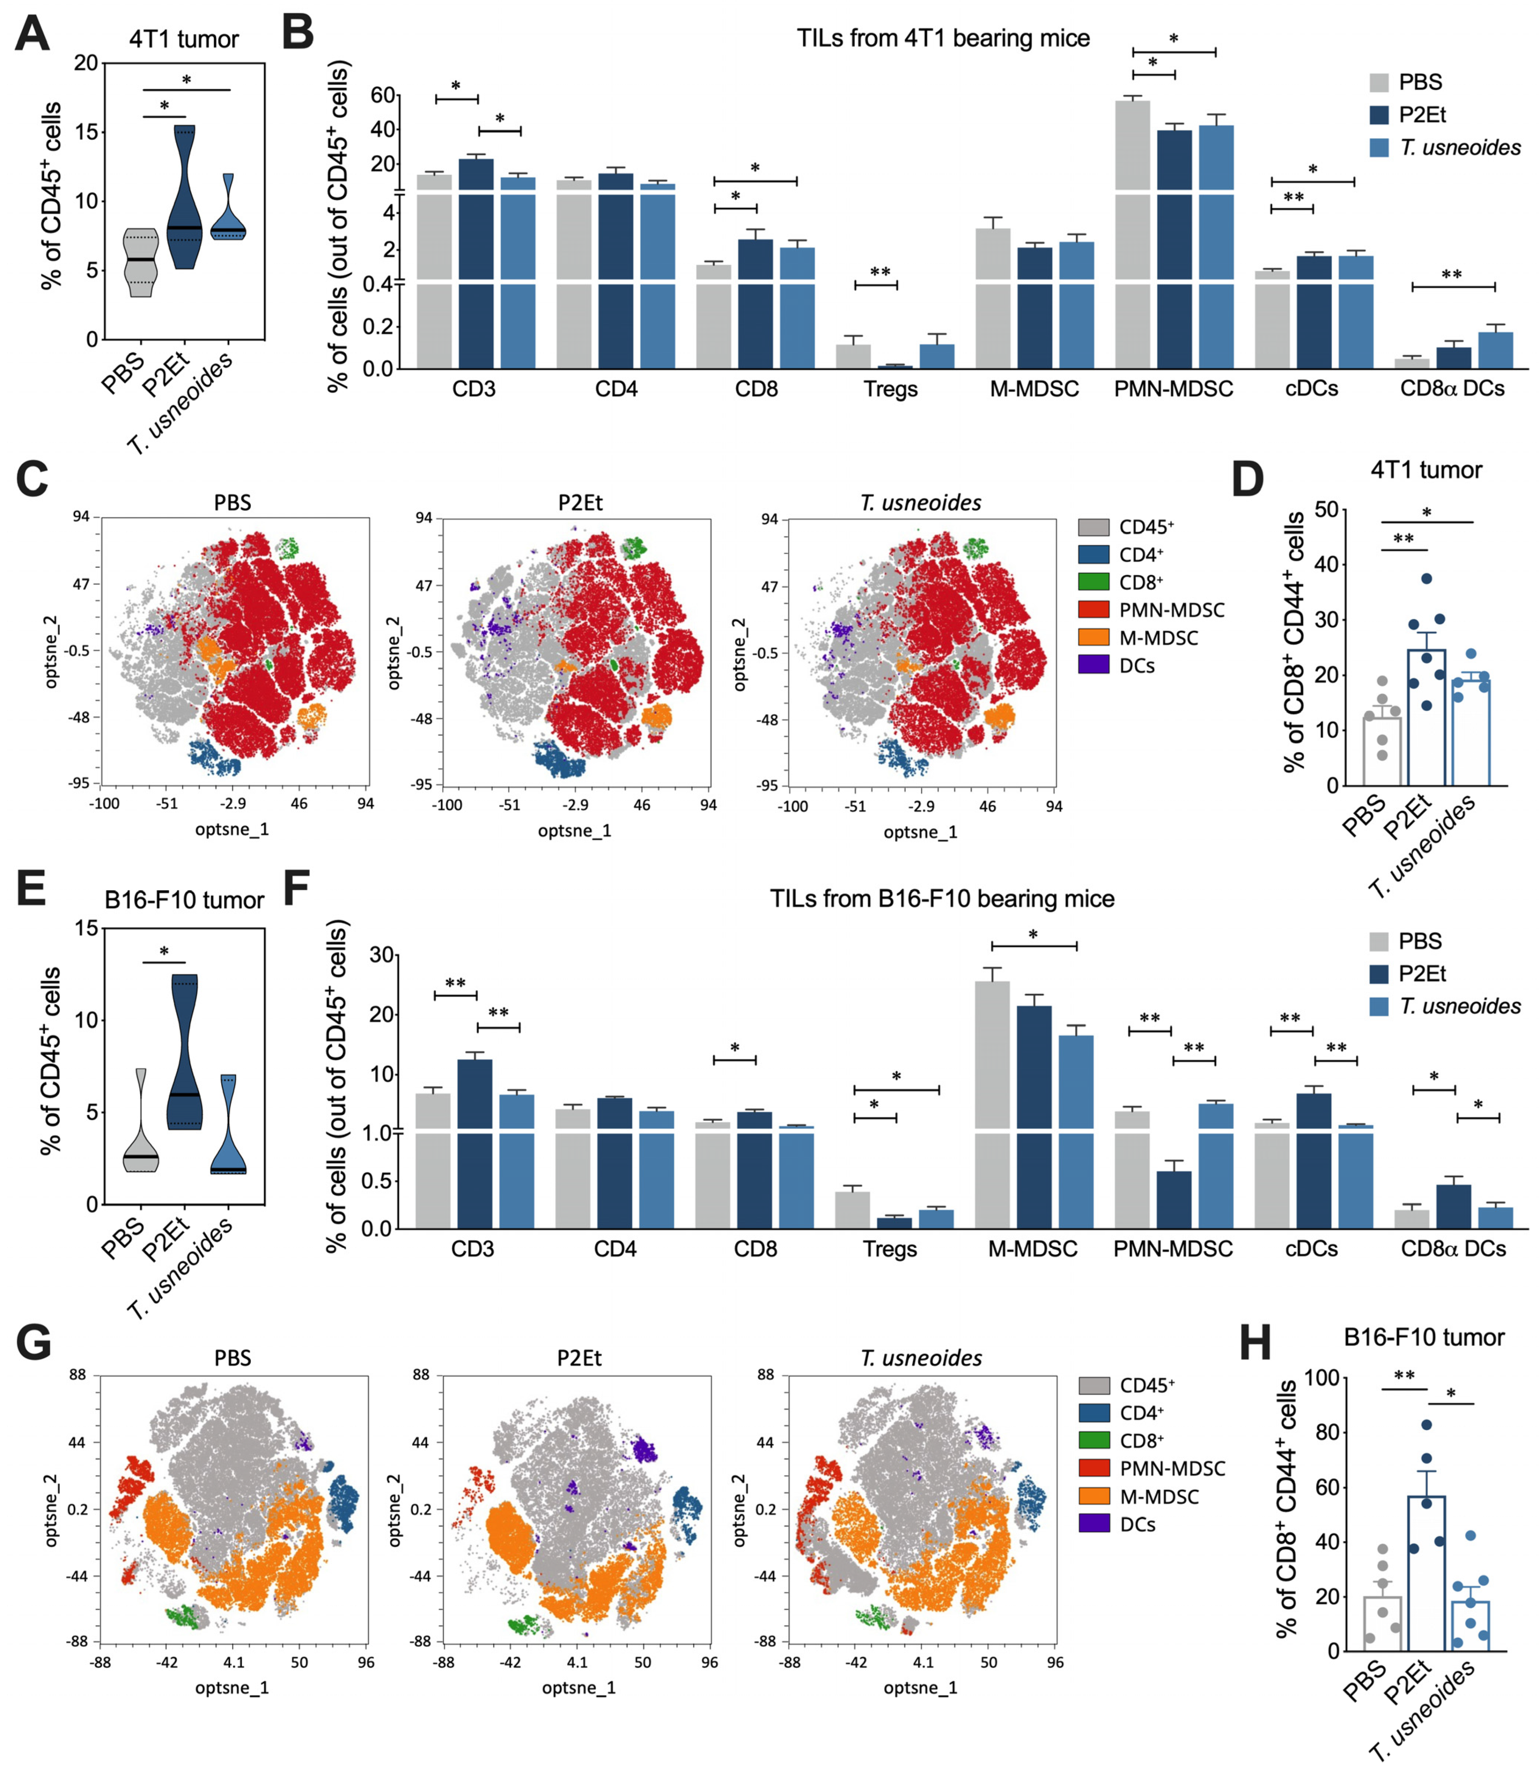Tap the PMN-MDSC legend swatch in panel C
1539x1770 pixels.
pyautogui.click(x=1093, y=610)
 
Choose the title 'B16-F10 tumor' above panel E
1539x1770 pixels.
pyautogui.click(x=184, y=900)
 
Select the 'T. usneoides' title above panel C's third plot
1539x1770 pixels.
pyautogui.click(x=921, y=503)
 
